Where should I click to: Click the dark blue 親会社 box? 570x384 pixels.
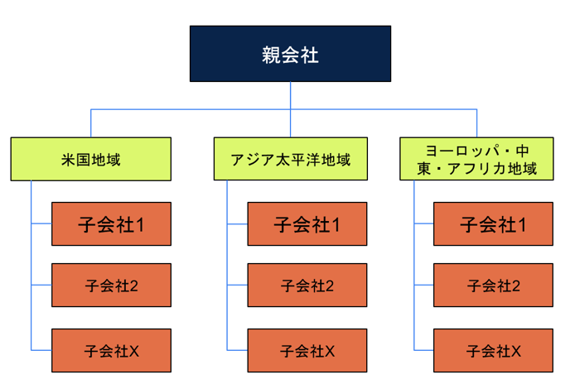click(x=290, y=54)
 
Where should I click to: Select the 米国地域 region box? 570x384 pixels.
click(x=91, y=159)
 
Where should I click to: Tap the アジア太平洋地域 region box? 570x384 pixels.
click(x=291, y=159)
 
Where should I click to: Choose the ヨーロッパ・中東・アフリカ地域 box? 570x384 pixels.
click(x=476, y=159)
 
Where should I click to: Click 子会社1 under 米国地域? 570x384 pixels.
click(x=111, y=223)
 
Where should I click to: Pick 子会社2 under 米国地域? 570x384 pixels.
click(x=111, y=286)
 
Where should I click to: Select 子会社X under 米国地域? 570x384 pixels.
click(x=111, y=351)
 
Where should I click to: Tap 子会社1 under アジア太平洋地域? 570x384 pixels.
click(x=307, y=223)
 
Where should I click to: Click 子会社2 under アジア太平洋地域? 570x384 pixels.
click(x=307, y=286)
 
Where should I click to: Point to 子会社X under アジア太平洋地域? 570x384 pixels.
click(x=307, y=351)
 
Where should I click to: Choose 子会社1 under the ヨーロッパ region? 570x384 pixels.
click(x=493, y=223)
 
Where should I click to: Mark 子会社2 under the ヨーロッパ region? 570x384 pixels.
click(x=493, y=286)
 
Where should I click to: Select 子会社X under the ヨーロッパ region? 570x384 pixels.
click(x=493, y=351)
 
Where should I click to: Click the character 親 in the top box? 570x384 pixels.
click(x=271, y=55)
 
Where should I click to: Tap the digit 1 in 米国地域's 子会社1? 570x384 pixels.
click(x=140, y=225)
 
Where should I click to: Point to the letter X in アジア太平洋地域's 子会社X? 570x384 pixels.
click(x=330, y=351)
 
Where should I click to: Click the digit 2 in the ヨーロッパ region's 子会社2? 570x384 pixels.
click(x=515, y=286)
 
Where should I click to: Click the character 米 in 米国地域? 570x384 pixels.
click(x=68, y=160)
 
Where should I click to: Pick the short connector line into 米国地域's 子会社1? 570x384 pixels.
click(x=41, y=223)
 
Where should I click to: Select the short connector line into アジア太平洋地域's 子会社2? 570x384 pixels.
click(x=238, y=286)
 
